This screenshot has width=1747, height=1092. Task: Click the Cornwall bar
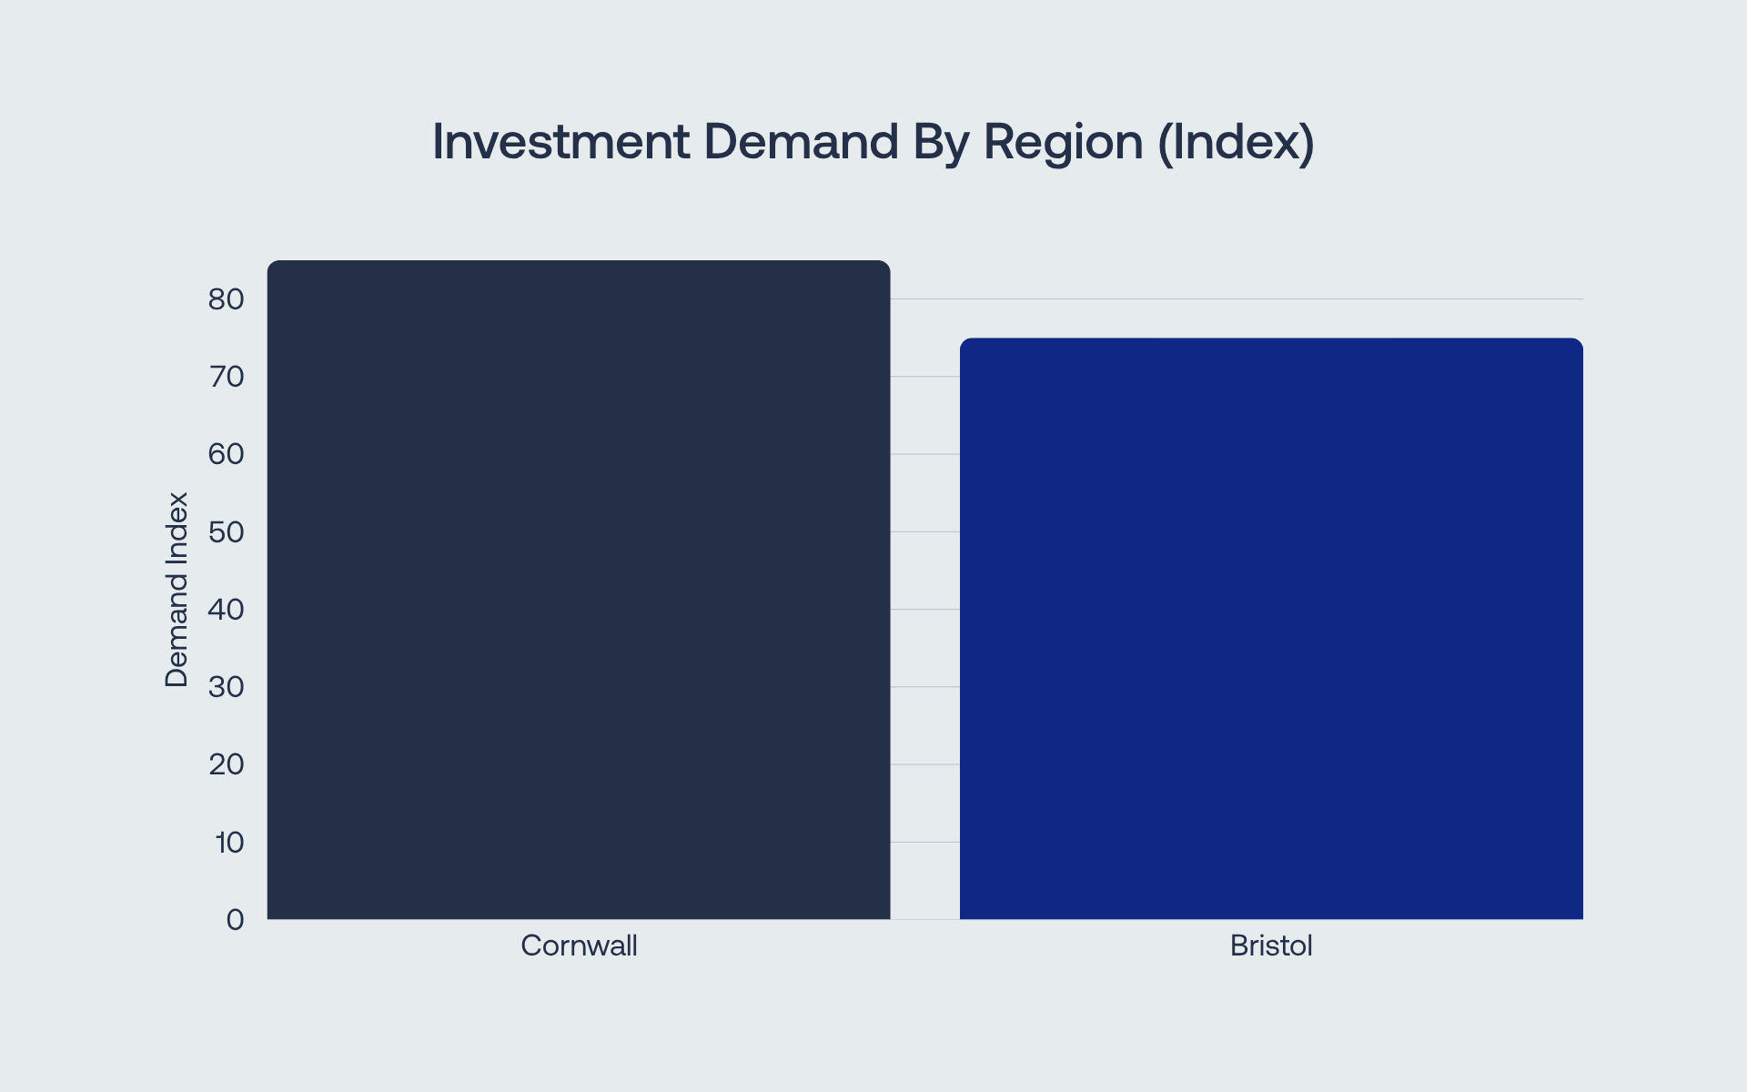pyautogui.click(x=579, y=590)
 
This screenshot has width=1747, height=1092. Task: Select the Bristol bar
pyautogui.click(x=1271, y=629)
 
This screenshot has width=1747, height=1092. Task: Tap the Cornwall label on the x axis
pyautogui.click(x=579, y=946)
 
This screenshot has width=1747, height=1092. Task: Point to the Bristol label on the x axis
pyautogui.click(x=1271, y=946)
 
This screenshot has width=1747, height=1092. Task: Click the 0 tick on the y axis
pyautogui.click(x=236, y=920)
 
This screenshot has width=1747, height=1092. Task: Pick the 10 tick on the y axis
pyautogui.click(x=230, y=843)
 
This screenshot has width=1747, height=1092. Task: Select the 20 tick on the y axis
pyautogui.click(x=227, y=764)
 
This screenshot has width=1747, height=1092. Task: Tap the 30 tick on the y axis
pyautogui.click(x=227, y=687)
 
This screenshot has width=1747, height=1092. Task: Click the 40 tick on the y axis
pyautogui.click(x=227, y=610)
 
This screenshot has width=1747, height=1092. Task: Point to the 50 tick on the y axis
pyautogui.click(x=227, y=532)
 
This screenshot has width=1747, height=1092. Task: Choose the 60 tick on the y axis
pyautogui.click(x=227, y=454)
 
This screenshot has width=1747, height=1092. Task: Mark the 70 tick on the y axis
pyautogui.click(x=227, y=377)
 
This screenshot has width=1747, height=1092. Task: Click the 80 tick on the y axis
pyautogui.click(x=227, y=299)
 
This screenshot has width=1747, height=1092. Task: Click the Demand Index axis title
pyautogui.click(x=177, y=590)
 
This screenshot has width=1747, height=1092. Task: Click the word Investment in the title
pyautogui.click(x=560, y=142)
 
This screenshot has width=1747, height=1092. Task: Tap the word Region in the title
pyautogui.click(x=1063, y=144)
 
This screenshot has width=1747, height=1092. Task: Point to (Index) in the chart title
pyautogui.click(x=1236, y=144)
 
